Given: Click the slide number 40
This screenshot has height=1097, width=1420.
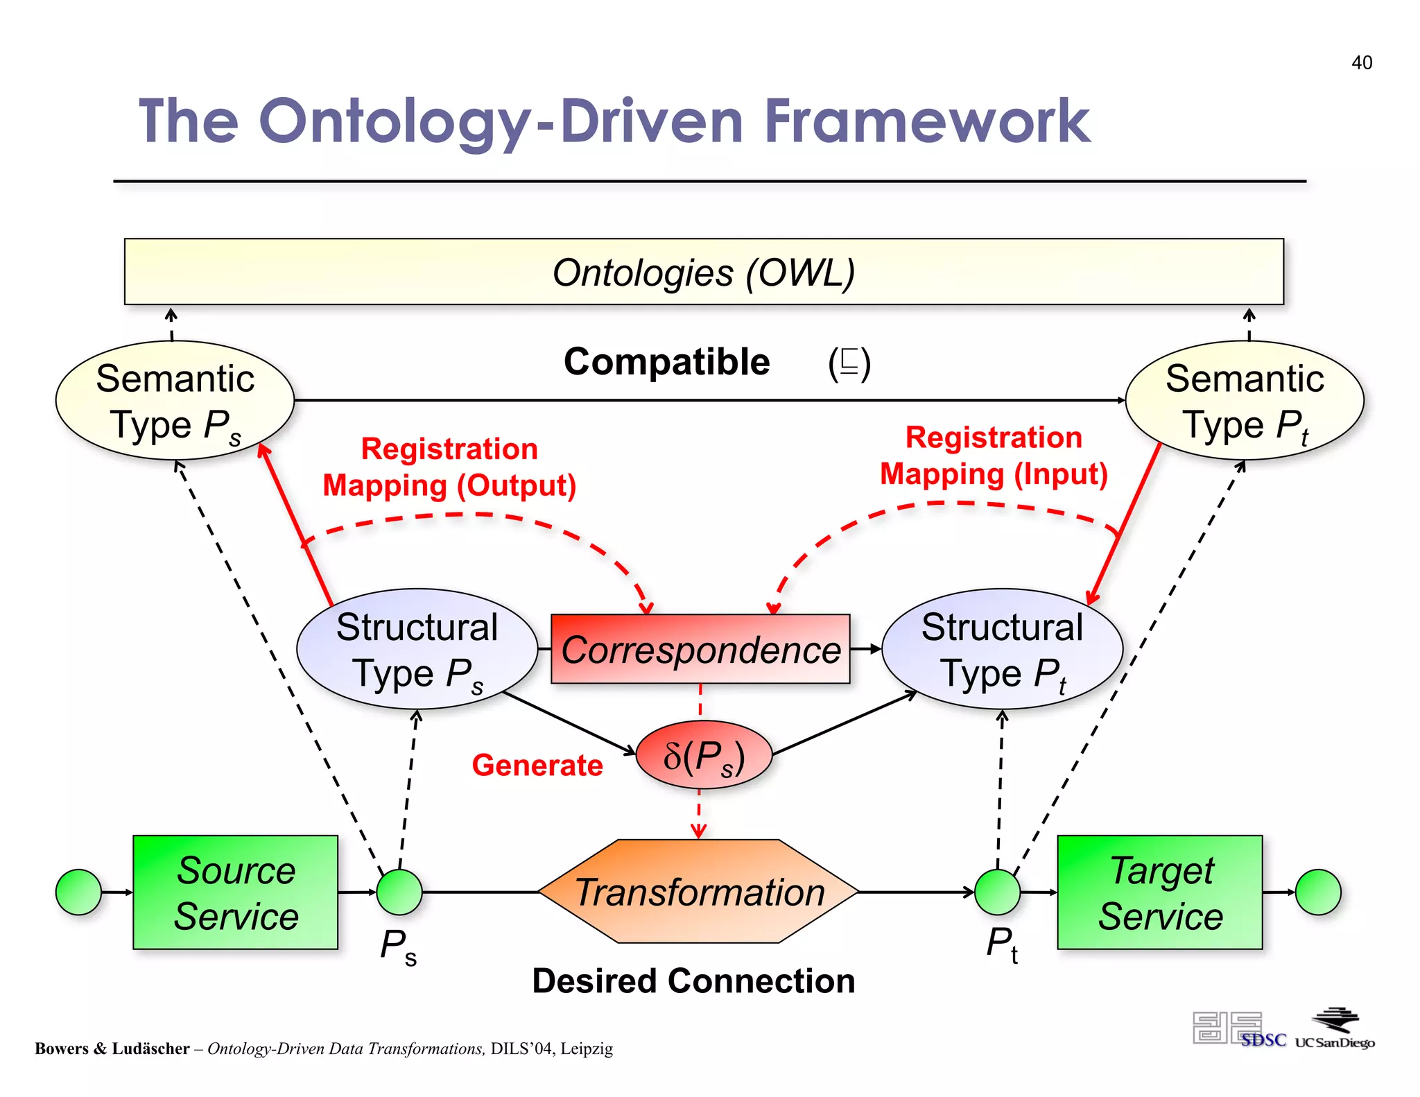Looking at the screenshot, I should [x=1361, y=62].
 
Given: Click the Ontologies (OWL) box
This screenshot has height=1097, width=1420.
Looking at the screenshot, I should [x=703, y=272].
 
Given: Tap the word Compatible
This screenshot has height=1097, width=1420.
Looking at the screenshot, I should [x=666, y=362].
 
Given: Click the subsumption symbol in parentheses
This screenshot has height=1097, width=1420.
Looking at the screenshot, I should [x=849, y=363].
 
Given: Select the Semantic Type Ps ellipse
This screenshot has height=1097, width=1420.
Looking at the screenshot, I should [x=175, y=401].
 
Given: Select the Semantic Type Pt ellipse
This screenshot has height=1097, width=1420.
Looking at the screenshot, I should [x=1245, y=401].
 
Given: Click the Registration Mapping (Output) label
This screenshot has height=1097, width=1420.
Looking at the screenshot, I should [x=449, y=467].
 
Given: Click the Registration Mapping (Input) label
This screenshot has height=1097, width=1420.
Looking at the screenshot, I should [x=994, y=456].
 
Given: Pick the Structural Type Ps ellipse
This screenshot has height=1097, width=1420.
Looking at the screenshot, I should [x=417, y=649].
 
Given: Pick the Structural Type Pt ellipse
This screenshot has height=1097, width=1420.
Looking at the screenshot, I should [x=1002, y=649].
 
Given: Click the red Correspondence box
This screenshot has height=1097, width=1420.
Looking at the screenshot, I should [x=700, y=649].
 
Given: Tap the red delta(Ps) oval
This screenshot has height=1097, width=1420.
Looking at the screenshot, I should [x=703, y=755].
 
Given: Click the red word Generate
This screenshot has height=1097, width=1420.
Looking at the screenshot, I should [x=537, y=766].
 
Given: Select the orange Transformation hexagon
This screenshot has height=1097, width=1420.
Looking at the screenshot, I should [x=699, y=892].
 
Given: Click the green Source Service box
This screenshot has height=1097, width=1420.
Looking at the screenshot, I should [x=235, y=892].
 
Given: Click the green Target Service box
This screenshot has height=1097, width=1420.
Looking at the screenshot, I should [x=1160, y=892].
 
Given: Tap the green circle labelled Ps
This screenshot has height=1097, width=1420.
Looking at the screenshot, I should [x=399, y=892].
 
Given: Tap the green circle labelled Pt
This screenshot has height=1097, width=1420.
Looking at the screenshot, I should [x=997, y=892].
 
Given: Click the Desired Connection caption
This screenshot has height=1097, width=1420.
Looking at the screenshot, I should [x=693, y=981].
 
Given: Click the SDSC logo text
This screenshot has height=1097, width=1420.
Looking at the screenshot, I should [x=1263, y=1040].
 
